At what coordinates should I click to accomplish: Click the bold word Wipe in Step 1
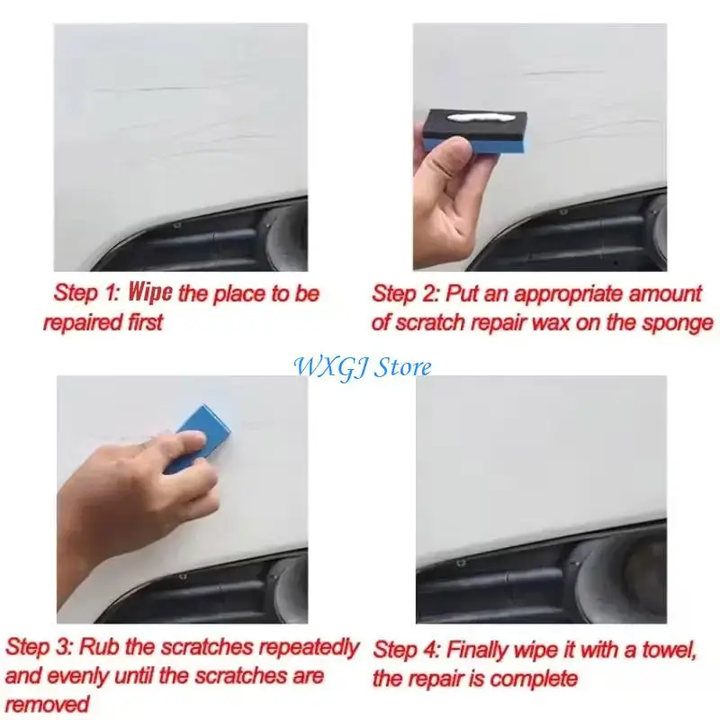(x=151, y=292)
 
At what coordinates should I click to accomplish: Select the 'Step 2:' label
(x=406, y=293)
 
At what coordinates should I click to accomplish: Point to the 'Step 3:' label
(x=41, y=646)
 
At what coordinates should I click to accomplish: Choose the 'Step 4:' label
(x=407, y=649)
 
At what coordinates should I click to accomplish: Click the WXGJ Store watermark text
(x=362, y=366)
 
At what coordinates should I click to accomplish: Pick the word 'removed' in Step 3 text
(x=48, y=704)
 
